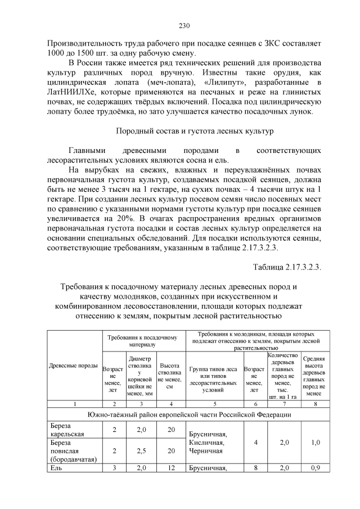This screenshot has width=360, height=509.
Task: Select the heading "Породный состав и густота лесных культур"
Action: pyautogui.click(x=195, y=131)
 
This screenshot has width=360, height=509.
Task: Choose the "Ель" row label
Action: pyautogui.click(x=55, y=468)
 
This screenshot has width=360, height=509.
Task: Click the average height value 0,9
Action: pyautogui.click(x=314, y=468)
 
